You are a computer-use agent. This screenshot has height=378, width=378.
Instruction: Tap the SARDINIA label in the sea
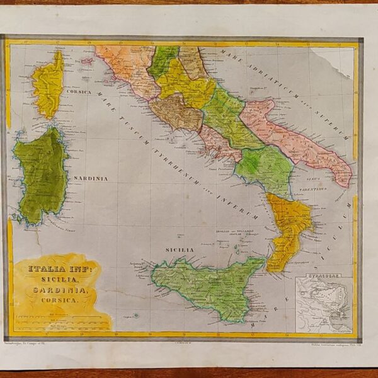(90, 179)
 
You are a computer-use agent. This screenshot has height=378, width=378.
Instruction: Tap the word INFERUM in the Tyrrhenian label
(239, 202)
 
